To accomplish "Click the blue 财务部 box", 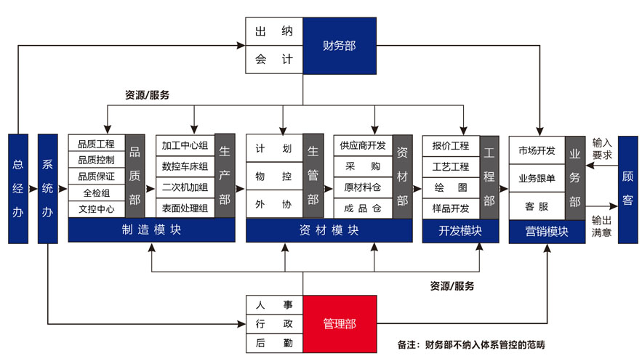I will tap(340, 46).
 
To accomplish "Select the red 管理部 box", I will tap(340, 324).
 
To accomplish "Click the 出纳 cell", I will tap(273, 33).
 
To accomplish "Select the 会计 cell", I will tap(273, 60).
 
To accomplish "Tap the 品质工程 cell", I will tap(96, 144).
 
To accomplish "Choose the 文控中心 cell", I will tap(96, 209).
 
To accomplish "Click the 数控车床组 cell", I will tap(185, 166).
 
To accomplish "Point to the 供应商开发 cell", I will tap(363, 145).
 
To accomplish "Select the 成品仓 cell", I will tap(363, 207).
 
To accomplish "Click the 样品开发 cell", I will tap(451, 208).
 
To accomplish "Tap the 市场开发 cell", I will tap(537, 151).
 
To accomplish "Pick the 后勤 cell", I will tap(273, 344).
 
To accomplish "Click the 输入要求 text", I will tap(602, 149).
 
